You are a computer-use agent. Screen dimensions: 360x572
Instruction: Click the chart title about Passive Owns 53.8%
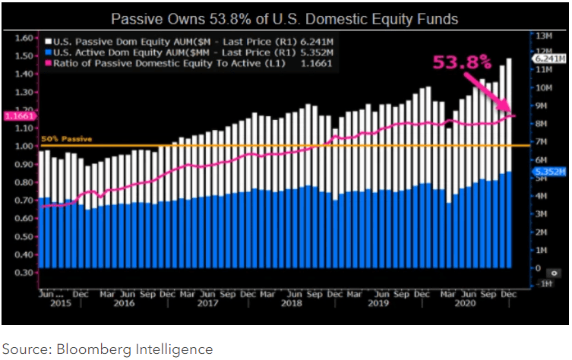pos(285,17)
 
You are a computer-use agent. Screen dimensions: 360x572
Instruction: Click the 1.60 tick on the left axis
pos(25,38)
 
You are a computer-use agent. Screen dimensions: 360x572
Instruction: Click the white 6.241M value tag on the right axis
pos(551,58)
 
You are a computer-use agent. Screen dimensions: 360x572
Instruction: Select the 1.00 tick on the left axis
pos(25,146)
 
